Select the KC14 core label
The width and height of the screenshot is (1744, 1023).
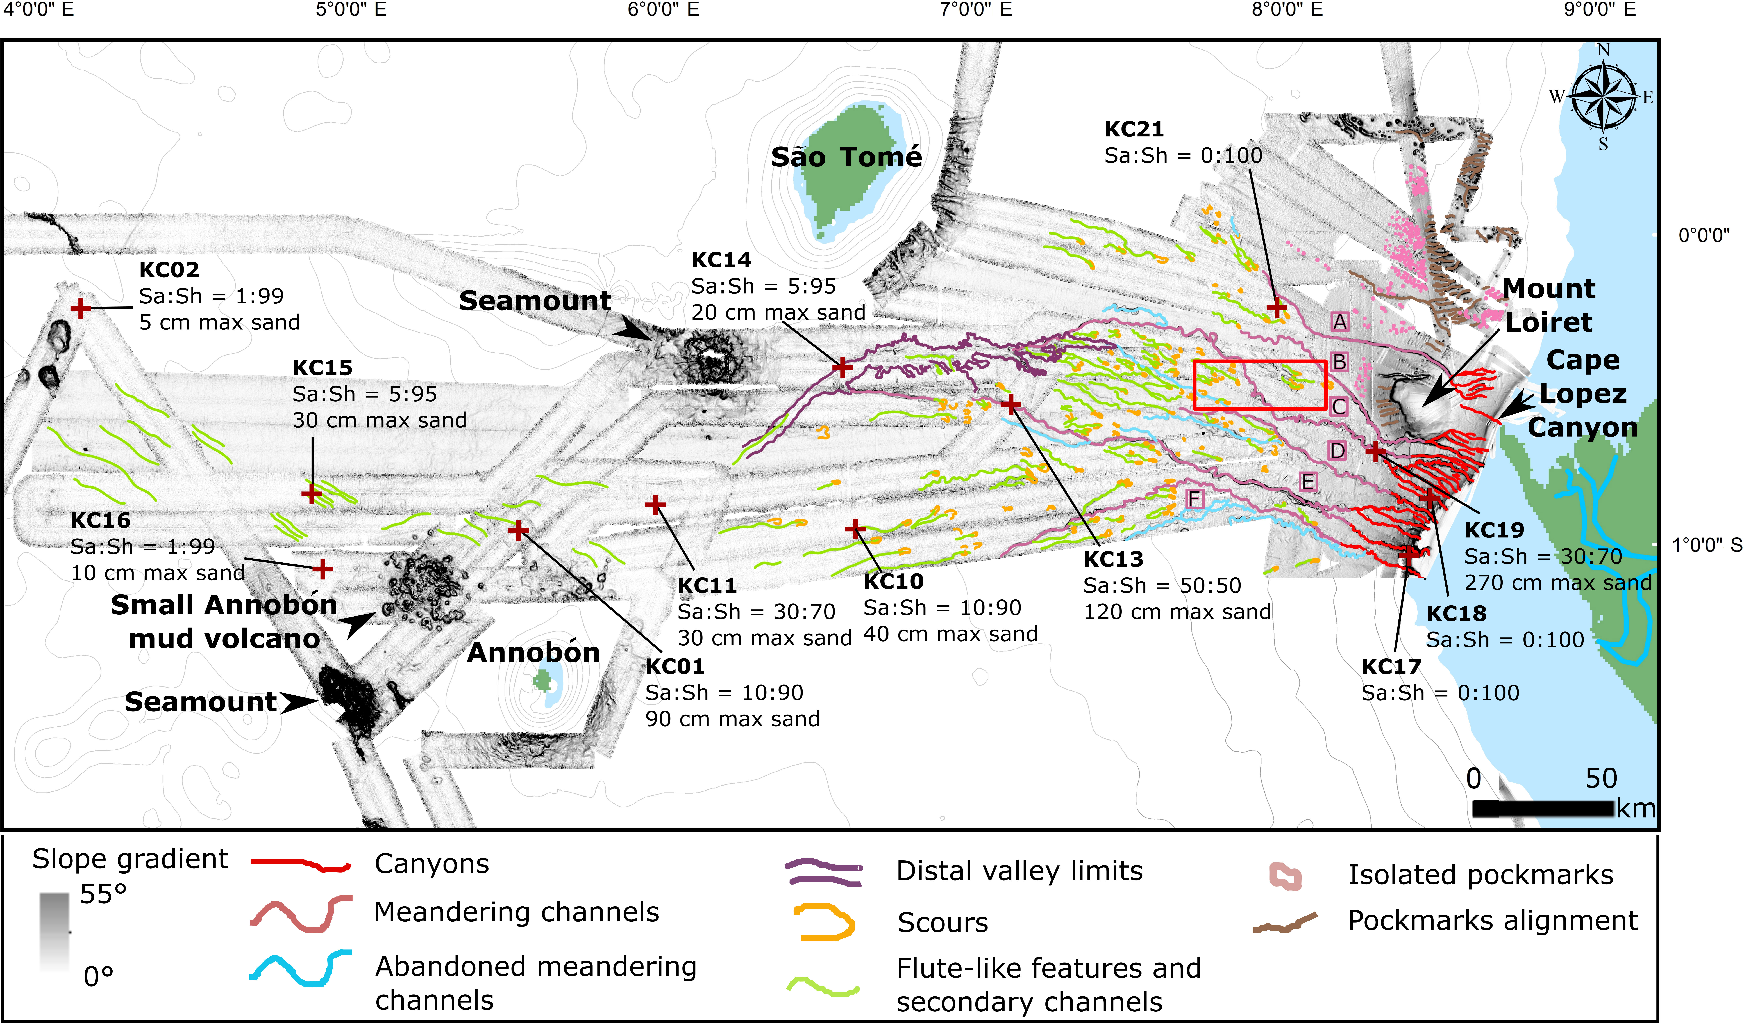[x=721, y=260]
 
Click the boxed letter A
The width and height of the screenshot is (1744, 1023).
[x=1340, y=322]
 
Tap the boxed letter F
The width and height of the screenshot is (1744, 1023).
[x=1195, y=499]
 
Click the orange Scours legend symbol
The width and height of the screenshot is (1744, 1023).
[x=825, y=922]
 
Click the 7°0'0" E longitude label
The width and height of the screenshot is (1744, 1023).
[x=976, y=10]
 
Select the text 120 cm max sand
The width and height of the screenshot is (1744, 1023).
[x=1177, y=612]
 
